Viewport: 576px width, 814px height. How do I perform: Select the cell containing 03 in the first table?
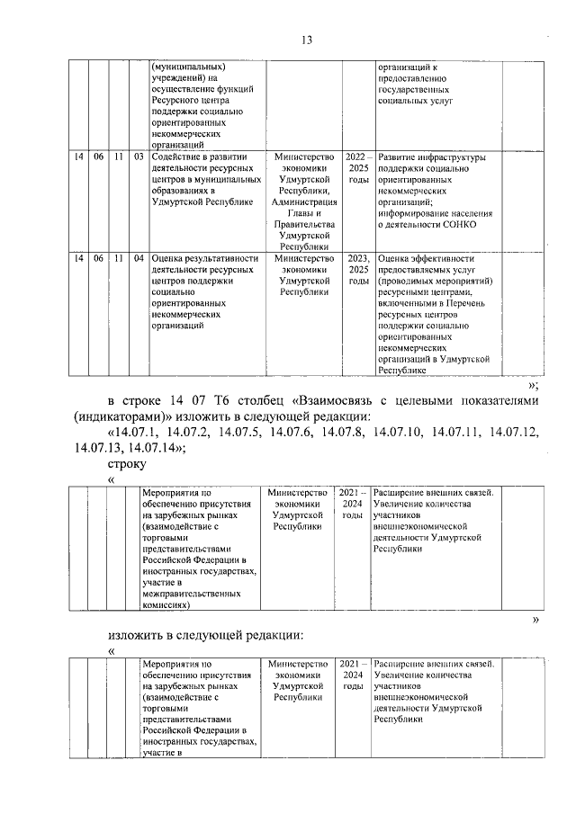click(139, 157)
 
